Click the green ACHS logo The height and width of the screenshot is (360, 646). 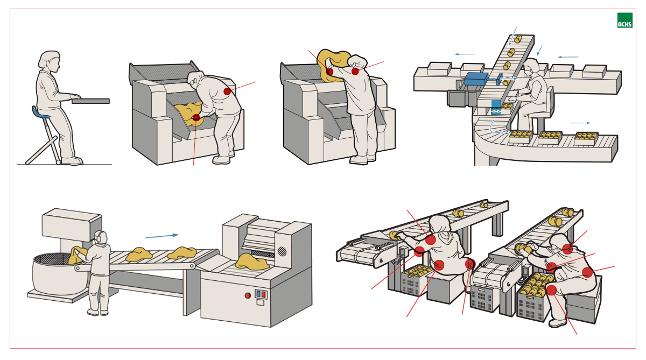(x=624, y=20)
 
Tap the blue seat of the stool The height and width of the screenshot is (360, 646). (x=41, y=113)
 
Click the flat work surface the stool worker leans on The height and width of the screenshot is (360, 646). (x=91, y=101)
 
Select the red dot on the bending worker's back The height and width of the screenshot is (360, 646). (x=227, y=91)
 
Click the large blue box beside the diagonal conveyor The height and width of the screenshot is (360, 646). (x=476, y=79)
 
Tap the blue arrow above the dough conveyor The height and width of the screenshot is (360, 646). (x=161, y=236)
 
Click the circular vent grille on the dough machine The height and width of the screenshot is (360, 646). (x=282, y=251)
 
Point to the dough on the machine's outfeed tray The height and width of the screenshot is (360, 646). (x=252, y=262)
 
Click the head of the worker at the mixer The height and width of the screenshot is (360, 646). (x=100, y=237)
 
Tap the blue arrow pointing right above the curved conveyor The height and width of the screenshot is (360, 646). (x=580, y=123)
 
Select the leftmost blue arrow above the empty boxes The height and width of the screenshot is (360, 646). (x=465, y=54)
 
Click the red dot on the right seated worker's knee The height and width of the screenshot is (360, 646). (x=551, y=290)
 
